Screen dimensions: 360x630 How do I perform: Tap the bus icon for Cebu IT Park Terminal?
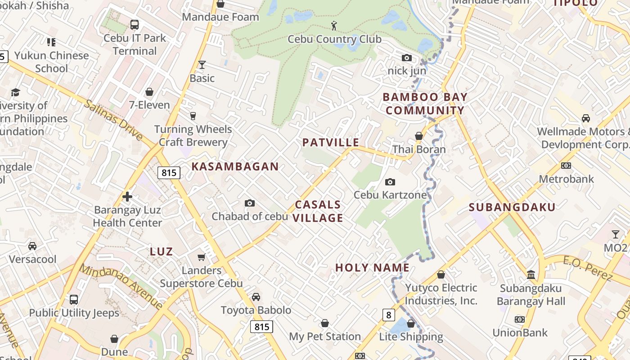134,24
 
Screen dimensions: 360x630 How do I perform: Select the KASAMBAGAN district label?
235,166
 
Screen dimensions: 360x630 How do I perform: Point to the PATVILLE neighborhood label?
331,143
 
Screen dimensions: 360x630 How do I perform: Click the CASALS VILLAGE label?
319,211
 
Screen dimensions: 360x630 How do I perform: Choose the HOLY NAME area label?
372,268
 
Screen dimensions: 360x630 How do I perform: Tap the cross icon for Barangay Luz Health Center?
127,197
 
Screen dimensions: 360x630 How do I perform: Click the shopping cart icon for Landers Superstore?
202,257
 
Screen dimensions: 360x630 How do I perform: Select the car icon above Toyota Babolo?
256,297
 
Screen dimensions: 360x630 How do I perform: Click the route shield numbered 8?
389,315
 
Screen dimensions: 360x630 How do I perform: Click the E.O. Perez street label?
587,267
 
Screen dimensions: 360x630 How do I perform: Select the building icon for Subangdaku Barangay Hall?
531,274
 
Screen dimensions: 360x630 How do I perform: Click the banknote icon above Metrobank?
566,166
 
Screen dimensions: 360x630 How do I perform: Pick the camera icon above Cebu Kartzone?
390,182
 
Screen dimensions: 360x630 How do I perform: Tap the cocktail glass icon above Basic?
202,65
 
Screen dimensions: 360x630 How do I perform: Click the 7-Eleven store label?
149,105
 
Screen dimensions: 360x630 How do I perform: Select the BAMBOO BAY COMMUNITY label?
425,104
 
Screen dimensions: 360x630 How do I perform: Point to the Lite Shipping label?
411,337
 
